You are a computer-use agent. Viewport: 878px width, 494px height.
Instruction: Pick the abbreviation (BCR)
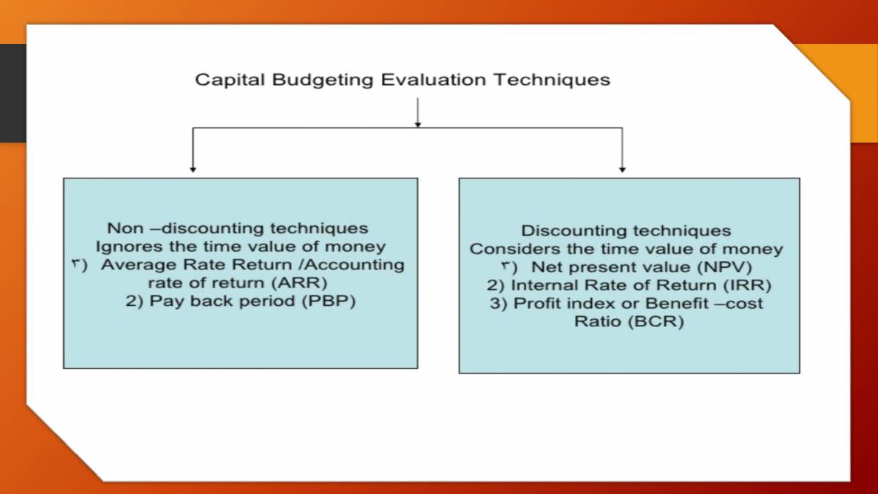pos(654,322)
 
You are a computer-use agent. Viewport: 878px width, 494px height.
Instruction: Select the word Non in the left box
pos(125,228)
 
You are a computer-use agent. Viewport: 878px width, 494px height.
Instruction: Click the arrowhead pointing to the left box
pos(192,168)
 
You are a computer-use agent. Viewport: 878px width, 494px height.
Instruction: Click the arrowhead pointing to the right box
pos(622,168)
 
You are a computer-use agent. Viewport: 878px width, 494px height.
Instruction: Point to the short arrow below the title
pos(418,113)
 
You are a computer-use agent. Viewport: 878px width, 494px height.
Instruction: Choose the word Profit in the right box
pos(536,304)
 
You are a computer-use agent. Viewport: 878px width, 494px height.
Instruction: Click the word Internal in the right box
pos(541,285)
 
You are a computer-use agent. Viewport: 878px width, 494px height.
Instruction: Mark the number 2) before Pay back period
pos(135,302)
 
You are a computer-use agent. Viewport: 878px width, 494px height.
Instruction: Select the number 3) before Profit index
pos(499,304)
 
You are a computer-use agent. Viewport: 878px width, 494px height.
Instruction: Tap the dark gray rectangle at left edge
pos(12,93)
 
